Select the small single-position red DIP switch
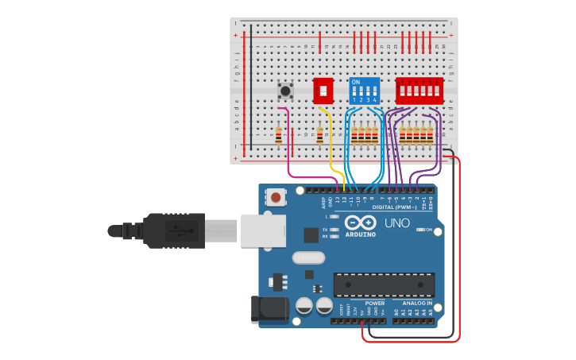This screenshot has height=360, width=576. pyautogui.click(x=323, y=91)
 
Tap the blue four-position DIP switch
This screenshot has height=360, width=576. pyautogui.click(x=365, y=91)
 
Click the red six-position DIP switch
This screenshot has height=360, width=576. pyautogui.click(x=419, y=91)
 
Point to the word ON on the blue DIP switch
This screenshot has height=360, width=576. pyautogui.click(x=355, y=82)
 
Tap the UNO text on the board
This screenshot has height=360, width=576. pyautogui.click(x=397, y=223)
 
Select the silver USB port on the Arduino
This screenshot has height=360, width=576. pyautogui.click(x=262, y=230)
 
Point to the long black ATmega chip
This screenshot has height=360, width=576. pyautogui.click(x=384, y=285)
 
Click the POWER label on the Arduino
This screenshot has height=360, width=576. pyautogui.click(x=374, y=303)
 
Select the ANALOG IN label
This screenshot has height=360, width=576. pyautogui.click(x=417, y=303)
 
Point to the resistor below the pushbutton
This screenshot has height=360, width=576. pyautogui.click(x=278, y=136)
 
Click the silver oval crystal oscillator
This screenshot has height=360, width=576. pyautogui.click(x=308, y=257)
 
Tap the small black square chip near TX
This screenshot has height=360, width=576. pyautogui.click(x=311, y=234)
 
